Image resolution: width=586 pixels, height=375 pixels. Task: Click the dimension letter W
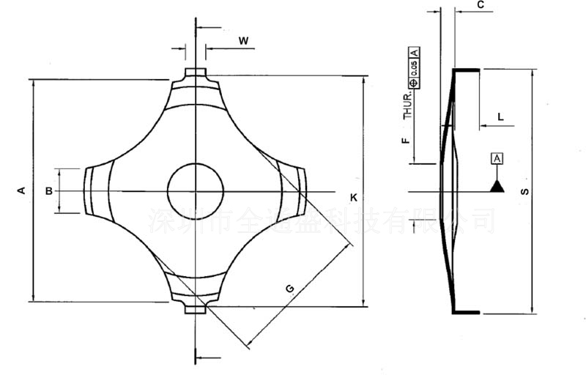[242, 41]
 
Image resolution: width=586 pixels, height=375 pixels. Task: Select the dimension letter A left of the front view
[21, 190]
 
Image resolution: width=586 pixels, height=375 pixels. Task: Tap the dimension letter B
[48, 191]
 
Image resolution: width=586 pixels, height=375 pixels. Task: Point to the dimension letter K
[353, 198]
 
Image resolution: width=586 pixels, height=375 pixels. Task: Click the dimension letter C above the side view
[481, 6]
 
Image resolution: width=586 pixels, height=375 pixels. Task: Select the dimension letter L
[500, 116]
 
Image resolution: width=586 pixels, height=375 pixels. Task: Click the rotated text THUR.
[408, 105]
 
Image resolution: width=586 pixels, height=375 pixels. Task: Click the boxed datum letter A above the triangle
[497, 158]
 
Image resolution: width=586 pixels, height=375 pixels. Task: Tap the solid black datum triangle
[497, 185]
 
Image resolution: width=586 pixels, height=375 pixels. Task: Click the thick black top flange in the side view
[467, 70]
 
